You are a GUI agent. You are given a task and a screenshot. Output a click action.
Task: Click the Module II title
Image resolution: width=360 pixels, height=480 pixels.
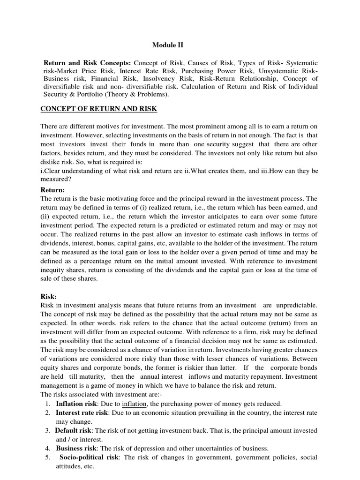click(168, 45)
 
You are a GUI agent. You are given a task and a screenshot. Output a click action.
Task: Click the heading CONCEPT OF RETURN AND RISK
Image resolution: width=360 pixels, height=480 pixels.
click(99, 109)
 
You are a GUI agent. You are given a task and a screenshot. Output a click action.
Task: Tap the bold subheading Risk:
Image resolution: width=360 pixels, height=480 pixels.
click(49, 297)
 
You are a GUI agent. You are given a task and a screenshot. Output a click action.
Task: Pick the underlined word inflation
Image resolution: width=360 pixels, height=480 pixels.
click(135, 404)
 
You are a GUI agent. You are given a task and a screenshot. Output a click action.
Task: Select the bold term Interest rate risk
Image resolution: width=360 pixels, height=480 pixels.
click(82, 412)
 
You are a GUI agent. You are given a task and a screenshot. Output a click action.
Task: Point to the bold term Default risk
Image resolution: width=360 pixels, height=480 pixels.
click(74, 430)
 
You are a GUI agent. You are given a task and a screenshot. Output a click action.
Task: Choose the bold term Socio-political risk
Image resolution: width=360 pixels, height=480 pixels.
click(88, 457)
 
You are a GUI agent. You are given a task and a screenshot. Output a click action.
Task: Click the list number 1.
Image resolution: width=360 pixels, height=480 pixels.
click(49, 404)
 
